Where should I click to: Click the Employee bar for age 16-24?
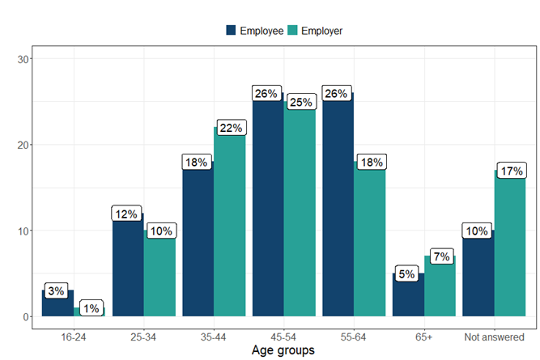coord(57,304)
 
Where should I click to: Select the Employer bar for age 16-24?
coord(89,312)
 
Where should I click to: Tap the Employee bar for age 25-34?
coord(128,267)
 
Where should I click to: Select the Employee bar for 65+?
coord(408,295)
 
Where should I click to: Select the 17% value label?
coord(511,172)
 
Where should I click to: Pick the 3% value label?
coord(55,290)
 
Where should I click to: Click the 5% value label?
coord(406,274)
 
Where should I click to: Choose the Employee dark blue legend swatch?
coord(231,31)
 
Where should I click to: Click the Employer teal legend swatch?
coord(292,31)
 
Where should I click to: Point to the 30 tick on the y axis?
coord(25,59)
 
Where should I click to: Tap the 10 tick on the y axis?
coord(25,231)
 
